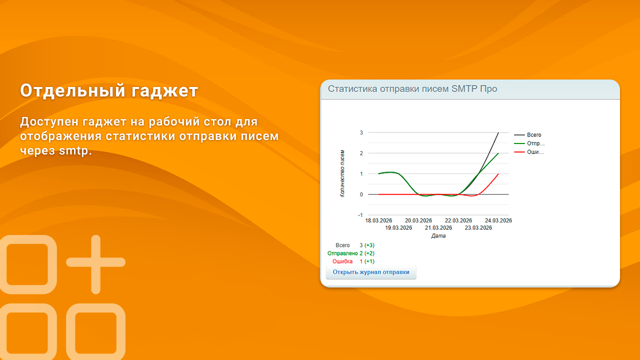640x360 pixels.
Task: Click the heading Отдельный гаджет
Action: point(109,91)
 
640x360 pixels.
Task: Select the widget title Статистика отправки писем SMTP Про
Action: point(412,89)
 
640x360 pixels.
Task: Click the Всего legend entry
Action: point(533,135)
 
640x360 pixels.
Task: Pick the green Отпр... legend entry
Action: point(535,143)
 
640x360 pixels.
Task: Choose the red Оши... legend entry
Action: point(535,152)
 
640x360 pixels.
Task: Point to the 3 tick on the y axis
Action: point(360,132)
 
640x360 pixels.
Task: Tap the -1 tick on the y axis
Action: point(360,215)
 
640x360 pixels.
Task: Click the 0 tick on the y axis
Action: point(360,194)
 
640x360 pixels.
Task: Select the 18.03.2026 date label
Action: point(378,220)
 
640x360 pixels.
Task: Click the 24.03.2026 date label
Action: point(498,220)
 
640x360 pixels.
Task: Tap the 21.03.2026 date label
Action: point(438,228)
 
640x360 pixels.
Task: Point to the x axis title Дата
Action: point(438,236)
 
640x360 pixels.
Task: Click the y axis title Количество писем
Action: point(342,173)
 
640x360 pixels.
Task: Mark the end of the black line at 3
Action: point(498,132)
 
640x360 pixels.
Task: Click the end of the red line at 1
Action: point(498,174)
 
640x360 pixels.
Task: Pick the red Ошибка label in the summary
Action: point(342,261)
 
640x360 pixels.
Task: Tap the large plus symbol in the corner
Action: point(95,264)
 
